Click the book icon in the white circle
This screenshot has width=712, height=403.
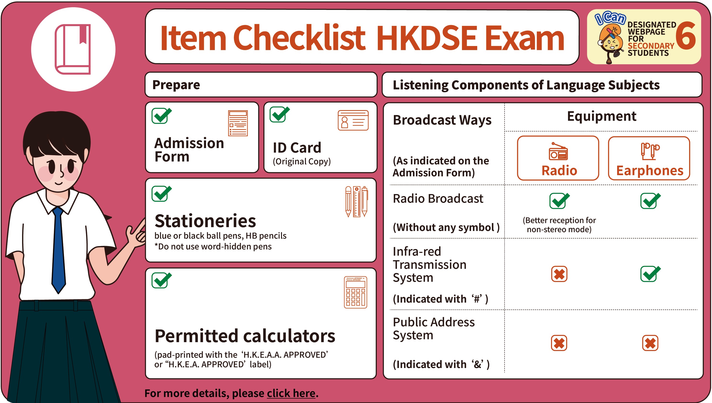click(x=73, y=49)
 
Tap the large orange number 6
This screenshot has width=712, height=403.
click(x=686, y=36)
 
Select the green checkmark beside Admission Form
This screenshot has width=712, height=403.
click(x=162, y=115)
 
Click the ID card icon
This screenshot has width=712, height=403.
click(x=353, y=121)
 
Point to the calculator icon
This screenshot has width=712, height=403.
click(x=356, y=292)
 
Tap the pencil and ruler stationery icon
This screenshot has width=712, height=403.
click(x=357, y=201)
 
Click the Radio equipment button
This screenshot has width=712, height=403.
click(x=558, y=158)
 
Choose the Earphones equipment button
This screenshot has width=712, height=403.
click(x=649, y=158)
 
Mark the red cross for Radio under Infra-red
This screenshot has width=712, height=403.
click(x=559, y=274)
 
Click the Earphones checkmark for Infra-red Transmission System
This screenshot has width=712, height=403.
click(x=650, y=273)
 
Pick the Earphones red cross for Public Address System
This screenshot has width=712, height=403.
click(x=650, y=343)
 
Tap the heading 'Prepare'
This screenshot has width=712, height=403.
click(x=176, y=85)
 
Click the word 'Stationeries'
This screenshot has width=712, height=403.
click(x=205, y=221)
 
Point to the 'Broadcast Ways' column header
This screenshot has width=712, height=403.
click(x=442, y=120)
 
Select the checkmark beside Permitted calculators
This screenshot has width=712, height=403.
click(x=162, y=280)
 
